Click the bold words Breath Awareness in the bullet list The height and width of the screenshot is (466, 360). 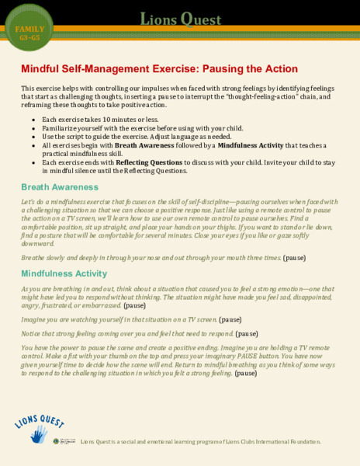click(x=148, y=144)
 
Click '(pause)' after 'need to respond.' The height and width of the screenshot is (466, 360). click(x=247, y=333)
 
